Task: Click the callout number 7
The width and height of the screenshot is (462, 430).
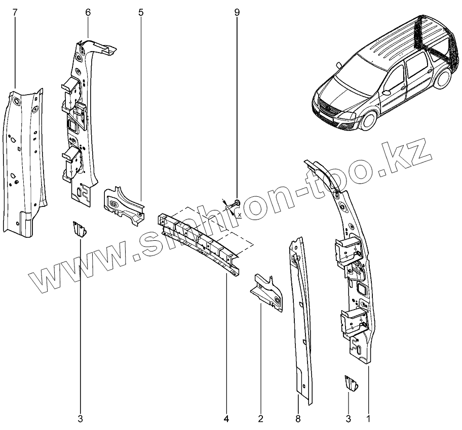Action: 15,11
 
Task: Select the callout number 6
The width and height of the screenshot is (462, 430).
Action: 88,11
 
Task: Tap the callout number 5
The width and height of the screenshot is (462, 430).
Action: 140,11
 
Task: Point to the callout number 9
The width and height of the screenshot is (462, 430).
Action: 237,11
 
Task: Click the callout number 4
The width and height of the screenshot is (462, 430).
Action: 226,418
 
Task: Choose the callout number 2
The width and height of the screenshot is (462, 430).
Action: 260,418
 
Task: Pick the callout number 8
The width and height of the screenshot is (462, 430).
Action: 298,418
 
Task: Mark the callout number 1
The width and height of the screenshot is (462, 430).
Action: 368,418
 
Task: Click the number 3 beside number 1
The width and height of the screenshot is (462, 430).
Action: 349,418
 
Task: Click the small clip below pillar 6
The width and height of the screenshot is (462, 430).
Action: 79,230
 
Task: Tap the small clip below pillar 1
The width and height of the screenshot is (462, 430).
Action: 350,384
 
